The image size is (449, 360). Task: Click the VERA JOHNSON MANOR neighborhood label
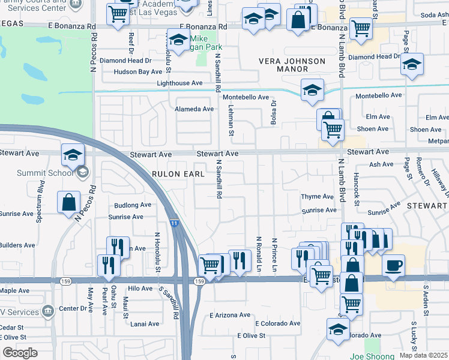(x=292, y=65)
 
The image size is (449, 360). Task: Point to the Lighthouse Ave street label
(x=180, y=83)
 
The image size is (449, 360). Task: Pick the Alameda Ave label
(x=194, y=109)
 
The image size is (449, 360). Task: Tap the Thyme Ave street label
(x=317, y=197)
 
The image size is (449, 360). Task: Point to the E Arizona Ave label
(x=229, y=315)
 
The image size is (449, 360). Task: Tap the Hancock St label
(x=356, y=190)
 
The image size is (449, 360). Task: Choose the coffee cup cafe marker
(x=393, y=265)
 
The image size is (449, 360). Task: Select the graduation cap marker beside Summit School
(x=73, y=155)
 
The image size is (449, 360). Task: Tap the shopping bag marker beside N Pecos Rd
(x=69, y=200)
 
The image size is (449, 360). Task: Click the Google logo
(x=20, y=352)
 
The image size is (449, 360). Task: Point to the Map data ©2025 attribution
(x=423, y=355)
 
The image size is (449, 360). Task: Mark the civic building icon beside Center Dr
(x=48, y=311)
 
